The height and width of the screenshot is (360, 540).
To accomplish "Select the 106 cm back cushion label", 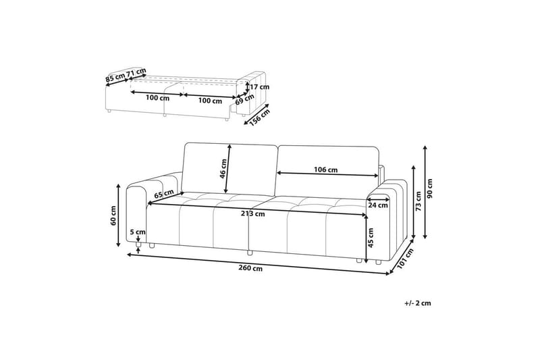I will click(327, 170).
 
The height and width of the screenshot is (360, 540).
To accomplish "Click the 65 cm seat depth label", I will click(163, 195).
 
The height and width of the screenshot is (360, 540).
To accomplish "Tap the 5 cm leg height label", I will click(138, 232).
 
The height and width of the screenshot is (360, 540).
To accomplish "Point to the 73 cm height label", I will click(418, 198).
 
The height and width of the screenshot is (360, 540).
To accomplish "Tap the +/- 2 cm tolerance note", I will click(418, 303).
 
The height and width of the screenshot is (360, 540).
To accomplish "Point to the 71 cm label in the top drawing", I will click(136, 72).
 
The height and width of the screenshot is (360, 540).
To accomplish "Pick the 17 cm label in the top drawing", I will click(259, 86).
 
